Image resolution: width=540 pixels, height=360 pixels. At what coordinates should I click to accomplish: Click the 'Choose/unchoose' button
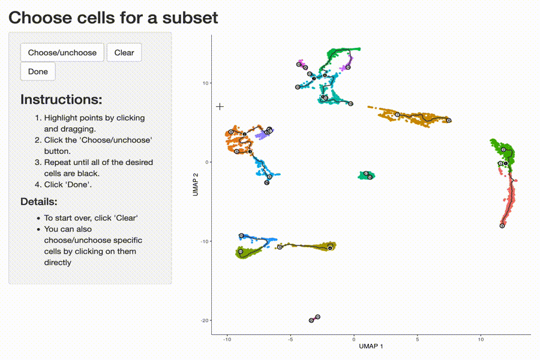tap(62, 53)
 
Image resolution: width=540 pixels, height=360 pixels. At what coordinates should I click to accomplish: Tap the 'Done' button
tap(38, 71)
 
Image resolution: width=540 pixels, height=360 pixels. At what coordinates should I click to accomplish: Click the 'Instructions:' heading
tap(61, 99)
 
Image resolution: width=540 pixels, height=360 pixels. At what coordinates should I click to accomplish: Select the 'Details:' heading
tap(39, 201)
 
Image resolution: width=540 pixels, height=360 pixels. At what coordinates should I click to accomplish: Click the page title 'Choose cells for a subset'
tap(113, 17)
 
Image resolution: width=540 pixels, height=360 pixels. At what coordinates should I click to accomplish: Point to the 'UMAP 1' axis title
tap(371, 346)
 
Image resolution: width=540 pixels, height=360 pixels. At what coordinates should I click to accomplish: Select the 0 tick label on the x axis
tap(354, 340)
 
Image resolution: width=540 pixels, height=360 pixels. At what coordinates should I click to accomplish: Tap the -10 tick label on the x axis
tap(227, 340)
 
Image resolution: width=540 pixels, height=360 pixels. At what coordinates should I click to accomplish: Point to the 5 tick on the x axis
tap(417, 340)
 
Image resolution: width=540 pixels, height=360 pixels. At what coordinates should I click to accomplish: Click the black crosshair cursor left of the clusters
tap(220, 106)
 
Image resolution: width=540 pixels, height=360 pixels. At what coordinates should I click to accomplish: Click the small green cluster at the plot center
tap(366, 175)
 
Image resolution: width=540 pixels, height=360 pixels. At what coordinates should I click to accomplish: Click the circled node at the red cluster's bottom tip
tap(502, 226)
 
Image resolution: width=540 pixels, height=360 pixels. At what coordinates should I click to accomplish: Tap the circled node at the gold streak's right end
tap(449, 121)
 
